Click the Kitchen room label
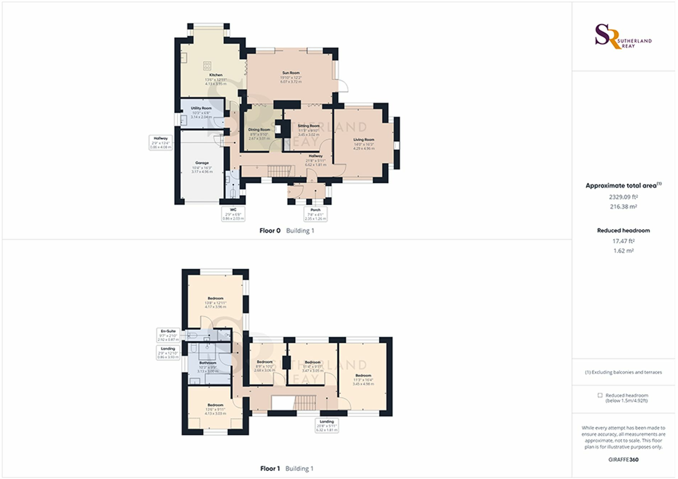(216, 75)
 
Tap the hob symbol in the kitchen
(207, 65)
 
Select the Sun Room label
(291, 73)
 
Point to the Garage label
(202, 163)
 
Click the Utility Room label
(201, 108)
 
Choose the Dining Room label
(259, 130)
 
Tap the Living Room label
(364, 140)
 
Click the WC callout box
(233, 214)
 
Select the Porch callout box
(315, 214)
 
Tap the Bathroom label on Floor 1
(208, 363)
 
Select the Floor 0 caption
(270, 231)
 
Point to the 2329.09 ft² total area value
(623, 197)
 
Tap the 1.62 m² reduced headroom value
(623, 251)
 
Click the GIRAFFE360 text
(623, 460)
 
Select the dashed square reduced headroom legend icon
(600, 395)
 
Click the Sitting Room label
(308, 126)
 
